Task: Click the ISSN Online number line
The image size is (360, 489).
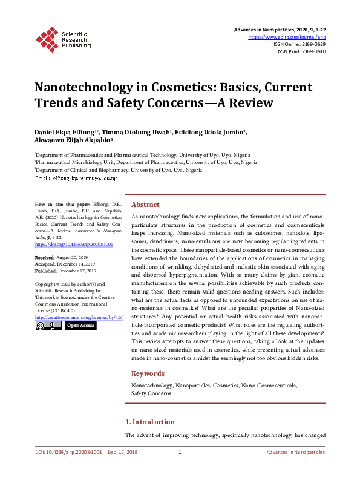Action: pyautogui.click(x=301, y=44)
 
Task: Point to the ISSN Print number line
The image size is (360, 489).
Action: pyautogui.click(x=302, y=51)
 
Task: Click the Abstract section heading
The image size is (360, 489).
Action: pyautogui.click(x=146, y=205)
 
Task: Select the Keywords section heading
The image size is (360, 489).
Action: pyautogui.click(x=148, y=373)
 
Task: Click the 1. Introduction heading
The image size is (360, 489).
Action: pyautogui.click(x=150, y=422)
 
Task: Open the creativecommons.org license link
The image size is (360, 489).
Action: pyautogui.click(x=79, y=317)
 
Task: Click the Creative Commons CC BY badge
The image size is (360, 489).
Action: pyautogui.click(x=48, y=326)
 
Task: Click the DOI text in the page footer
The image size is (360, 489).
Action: pyautogui.click(x=68, y=453)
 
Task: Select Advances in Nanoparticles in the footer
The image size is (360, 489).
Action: pyautogui.click(x=296, y=453)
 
